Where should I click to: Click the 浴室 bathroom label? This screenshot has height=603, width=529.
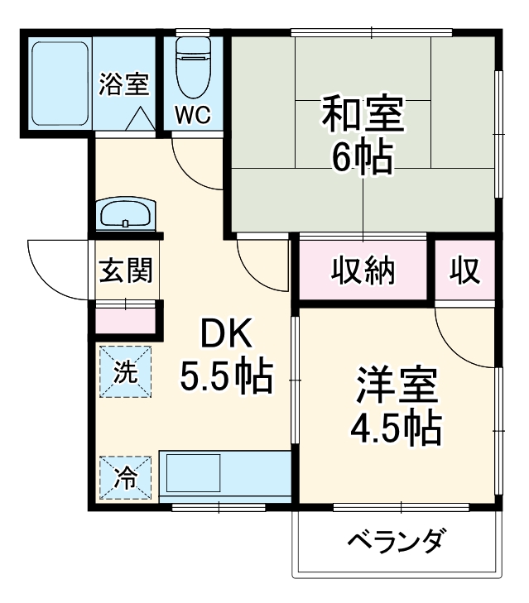pyautogui.click(x=124, y=84)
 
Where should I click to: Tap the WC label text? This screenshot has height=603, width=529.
pyautogui.click(x=191, y=113)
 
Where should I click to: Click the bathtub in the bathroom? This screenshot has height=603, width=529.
pyautogui.click(x=59, y=83)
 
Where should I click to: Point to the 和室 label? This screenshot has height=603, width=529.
pyautogui.click(x=363, y=117)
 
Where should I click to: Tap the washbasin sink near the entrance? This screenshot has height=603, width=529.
pyautogui.click(x=125, y=215)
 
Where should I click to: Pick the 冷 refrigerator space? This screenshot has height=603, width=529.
pyautogui.click(x=126, y=478)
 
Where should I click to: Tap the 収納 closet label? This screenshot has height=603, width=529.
pyautogui.click(x=364, y=270)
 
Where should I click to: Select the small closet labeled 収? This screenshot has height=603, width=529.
pyautogui.click(x=465, y=270)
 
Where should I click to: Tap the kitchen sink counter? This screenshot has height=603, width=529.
pyautogui.click(x=224, y=476)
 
